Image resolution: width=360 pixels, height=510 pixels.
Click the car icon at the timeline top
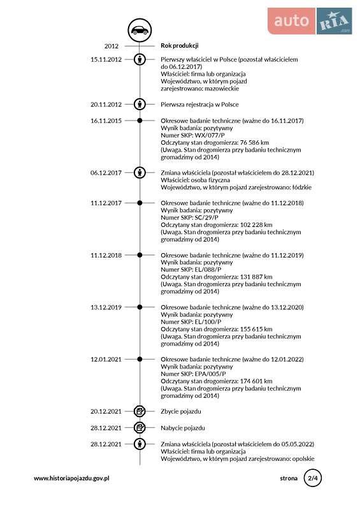click(139, 29)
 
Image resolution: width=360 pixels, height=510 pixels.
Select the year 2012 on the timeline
click(112, 46)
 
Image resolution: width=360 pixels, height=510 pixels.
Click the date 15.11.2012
click(106, 59)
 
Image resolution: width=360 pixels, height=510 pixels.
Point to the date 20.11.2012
click(106, 104)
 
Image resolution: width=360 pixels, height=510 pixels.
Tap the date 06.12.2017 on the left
click(106, 173)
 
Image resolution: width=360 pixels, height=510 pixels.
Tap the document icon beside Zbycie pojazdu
click(140, 411)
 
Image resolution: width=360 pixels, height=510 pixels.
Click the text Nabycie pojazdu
click(183, 428)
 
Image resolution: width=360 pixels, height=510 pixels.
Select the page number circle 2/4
click(313, 478)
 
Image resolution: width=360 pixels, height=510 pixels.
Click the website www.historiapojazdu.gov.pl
click(72, 478)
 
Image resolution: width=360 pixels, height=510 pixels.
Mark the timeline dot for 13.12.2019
click(140, 307)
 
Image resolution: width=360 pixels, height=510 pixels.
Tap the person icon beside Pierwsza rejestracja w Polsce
click(140, 104)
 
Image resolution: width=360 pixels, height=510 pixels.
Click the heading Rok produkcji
click(180, 45)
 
